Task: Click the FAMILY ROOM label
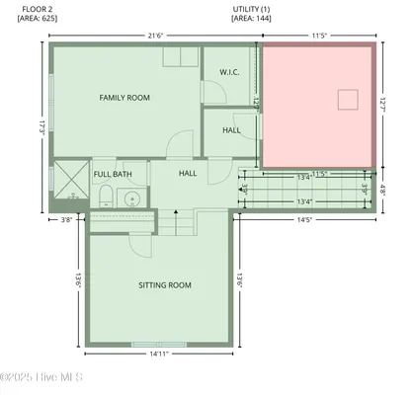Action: pyautogui.click(x=124, y=97)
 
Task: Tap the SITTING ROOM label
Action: pyautogui.click(x=164, y=285)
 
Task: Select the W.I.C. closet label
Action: pyautogui.click(x=229, y=72)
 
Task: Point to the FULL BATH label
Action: pyautogui.click(x=113, y=174)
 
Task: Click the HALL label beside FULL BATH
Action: pyautogui.click(x=188, y=174)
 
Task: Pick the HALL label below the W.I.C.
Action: pyautogui.click(x=231, y=129)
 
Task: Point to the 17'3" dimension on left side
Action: pyautogui.click(x=41, y=127)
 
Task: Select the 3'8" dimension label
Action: pyautogui.click(x=66, y=220)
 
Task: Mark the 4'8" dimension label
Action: pyautogui.click(x=383, y=192)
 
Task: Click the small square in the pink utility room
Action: pyautogui.click(x=345, y=99)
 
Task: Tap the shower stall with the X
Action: pyautogui.click(x=71, y=184)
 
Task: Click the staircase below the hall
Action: pyautogui.click(x=173, y=225)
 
